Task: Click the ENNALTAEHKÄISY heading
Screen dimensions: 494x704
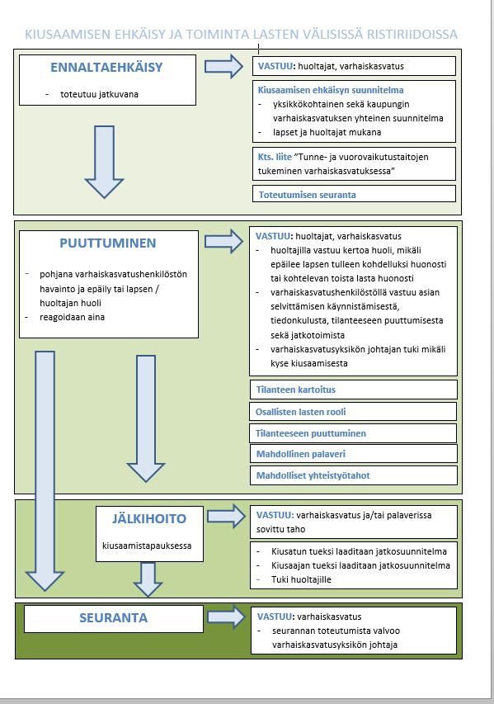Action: [106, 68]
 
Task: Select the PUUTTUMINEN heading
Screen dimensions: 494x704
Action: [108, 243]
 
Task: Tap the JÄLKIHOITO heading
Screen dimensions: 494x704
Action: [149, 518]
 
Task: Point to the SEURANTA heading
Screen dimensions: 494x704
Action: [114, 618]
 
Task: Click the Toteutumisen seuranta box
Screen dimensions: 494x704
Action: [354, 194]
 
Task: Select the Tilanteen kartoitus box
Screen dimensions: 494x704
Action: [354, 390]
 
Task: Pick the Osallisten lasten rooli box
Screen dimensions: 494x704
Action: [353, 411]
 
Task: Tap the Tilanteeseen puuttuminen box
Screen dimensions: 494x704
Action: [353, 433]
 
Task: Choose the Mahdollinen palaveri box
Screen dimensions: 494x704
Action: [354, 453]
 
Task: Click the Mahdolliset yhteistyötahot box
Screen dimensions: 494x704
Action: [354, 475]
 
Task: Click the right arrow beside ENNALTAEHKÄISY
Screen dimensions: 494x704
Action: [223, 67]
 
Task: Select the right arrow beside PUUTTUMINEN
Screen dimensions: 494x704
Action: [223, 242]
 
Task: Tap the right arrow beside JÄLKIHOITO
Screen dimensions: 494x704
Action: [226, 516]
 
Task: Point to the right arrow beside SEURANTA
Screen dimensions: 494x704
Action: [226, 617]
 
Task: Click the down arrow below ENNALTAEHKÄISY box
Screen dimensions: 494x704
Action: [104, 162]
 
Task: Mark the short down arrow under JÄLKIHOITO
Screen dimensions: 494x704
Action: [148, 579]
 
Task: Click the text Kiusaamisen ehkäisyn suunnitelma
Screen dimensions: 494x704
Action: [331, 90]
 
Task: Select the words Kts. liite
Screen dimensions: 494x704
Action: [275, 157]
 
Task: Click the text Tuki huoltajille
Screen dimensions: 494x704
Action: [301, 579]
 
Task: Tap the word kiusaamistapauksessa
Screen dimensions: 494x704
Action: [147, 546]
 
